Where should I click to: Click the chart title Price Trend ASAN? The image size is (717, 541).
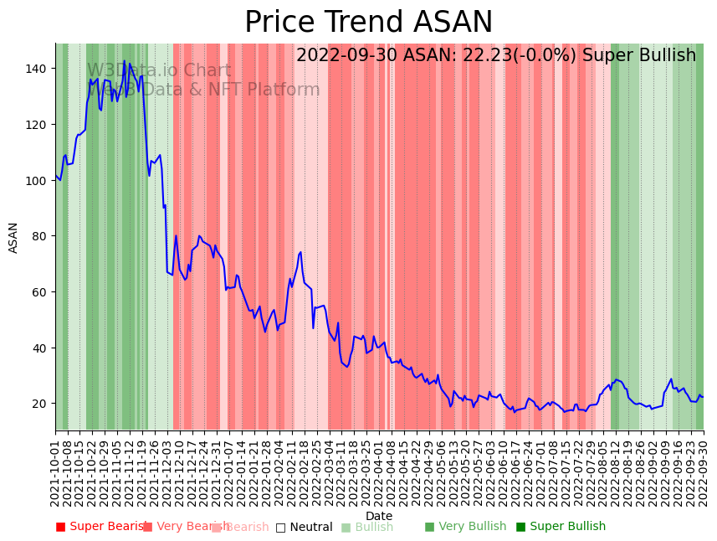click(x=368, y=23)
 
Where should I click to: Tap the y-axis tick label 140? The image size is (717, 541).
click(x=38, y=69)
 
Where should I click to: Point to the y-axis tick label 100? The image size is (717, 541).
click(x=38, y=180)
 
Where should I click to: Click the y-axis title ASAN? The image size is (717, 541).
click(x=13, y=238)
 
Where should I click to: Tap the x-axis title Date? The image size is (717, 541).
click(x=379, y=517)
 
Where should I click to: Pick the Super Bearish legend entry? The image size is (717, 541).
click(x=104, y=527)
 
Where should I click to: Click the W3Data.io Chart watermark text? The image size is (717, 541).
click(x=159, y=70)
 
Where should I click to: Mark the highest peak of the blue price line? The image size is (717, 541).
click(x=124, y=61)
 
